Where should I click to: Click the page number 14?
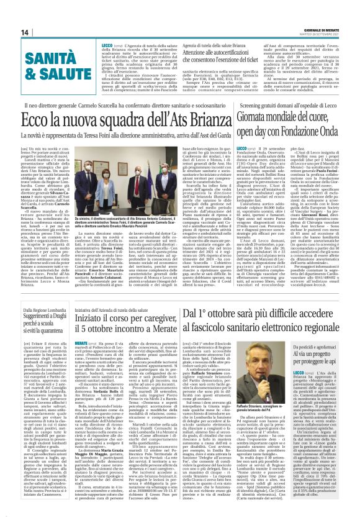(x=9, y=32)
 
